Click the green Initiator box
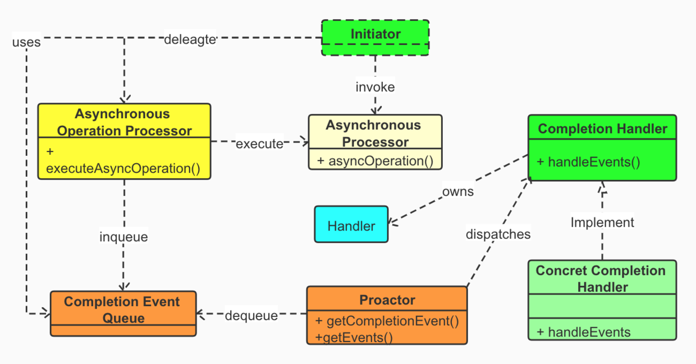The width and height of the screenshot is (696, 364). (375, 38)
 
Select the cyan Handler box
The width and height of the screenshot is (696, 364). (351, 225)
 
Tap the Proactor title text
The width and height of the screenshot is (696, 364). (387, 300)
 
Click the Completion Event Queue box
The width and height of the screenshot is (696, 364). (123, 313)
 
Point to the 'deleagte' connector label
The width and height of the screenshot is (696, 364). (190, 40)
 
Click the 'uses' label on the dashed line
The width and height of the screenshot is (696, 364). (26, 42)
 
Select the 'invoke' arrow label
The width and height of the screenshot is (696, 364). (375, 87)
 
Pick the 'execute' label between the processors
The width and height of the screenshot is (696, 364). (259, 144)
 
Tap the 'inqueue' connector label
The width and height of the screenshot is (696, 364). (123, 237)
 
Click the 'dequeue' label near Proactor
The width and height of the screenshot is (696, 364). (251, 316)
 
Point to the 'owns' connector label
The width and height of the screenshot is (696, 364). (458, 192)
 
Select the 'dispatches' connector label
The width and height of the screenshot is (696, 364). (498, 234)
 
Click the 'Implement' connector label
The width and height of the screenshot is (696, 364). (602, 223)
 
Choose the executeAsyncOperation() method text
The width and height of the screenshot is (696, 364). (123, 168)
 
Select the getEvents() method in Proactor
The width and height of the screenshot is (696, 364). (354, 337)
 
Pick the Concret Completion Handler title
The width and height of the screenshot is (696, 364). (601, 279)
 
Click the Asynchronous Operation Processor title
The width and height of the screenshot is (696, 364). (124, 122)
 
